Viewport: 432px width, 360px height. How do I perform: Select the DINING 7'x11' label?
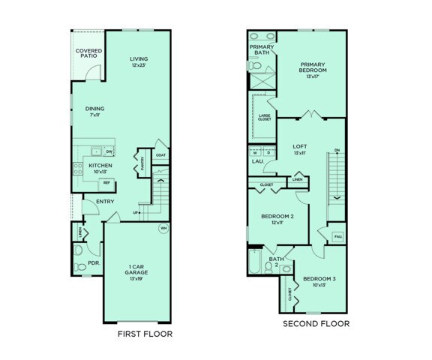point(95,112)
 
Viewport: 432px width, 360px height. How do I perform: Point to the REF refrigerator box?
point(106,183)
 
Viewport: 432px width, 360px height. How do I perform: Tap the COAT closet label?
point(160,155)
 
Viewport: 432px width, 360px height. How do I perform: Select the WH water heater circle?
point(163,228)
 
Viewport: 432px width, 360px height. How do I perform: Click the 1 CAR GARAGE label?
point(136,273)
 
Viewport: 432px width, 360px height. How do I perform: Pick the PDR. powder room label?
point(94,263)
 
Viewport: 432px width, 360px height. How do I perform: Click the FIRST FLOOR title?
point(145,333)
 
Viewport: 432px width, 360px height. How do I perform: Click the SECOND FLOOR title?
point(316,324)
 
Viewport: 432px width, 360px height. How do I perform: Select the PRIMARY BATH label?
point(261,49)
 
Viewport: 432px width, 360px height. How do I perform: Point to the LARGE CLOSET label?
point(265,116)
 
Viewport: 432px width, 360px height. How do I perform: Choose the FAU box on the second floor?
point(337,237)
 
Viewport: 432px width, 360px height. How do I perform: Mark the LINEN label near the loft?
point(298,180)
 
